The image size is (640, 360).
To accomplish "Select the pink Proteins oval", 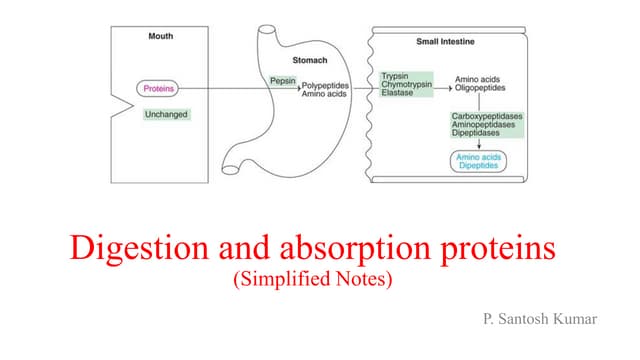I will tap(158, 89).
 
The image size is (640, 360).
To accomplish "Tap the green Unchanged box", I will tap(166, 114).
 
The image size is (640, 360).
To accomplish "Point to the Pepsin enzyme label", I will tap(282, 79).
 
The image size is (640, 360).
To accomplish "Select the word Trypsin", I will tap(397, 76).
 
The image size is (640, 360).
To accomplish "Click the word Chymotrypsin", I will tap(406, 85).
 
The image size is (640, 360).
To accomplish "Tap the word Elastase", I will tap(399, 94).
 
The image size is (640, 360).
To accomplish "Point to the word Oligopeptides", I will tap(482, 86).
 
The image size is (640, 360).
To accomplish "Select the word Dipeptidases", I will tap(479, 134).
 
